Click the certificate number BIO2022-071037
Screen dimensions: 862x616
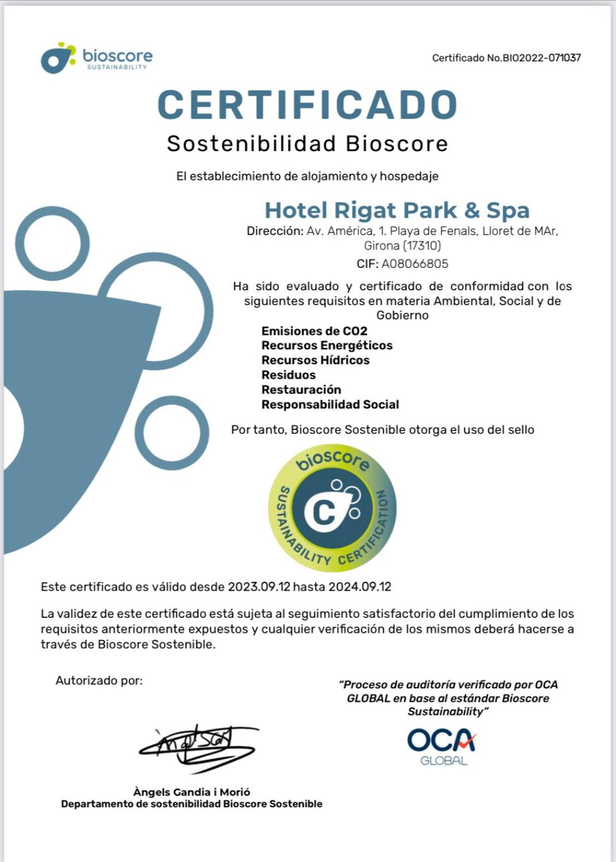[534, 58]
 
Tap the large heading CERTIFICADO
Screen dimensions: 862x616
[307, 105]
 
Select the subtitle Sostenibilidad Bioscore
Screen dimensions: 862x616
[307, 144]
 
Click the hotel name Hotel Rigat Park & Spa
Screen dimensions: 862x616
[397, 210]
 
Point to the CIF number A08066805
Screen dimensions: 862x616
[414, 264]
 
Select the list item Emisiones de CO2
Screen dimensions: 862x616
[314, 331]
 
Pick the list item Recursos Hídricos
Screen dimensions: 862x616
[315, 360]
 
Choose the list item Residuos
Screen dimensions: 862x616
[289, 375]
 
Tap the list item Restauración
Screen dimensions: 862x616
[301, 390]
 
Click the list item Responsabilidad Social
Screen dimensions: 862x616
[330, 405]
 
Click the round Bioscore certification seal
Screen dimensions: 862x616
[332, 508]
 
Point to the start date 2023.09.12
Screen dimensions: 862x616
[259, 587]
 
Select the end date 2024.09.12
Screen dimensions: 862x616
[360, 587]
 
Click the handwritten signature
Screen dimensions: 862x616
[197, 746]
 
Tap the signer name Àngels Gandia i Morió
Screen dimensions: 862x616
[192, 792]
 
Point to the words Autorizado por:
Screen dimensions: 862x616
[99, 681]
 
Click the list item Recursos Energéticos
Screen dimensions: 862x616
[327, 346]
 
